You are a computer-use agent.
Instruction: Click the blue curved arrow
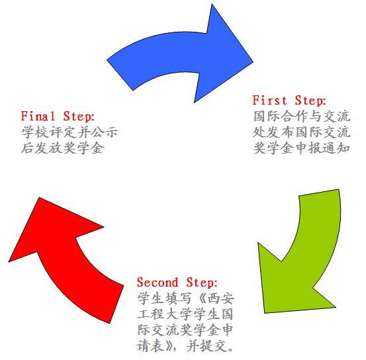pyautogui.click(x=177, y=54)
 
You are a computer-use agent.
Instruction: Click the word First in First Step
pyautogui.click(x=269, y=100)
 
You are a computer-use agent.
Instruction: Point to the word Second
pyautogui.click(x=158, y=283)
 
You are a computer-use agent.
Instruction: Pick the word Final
pyautogui.click(x=38, y=116)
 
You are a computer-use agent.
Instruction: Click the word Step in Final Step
pyautogui.click(x=79, y=116)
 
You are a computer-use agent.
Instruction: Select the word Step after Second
pyautogui.click(x=202, y=283)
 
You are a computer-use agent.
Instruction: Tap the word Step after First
pyautogui.click(x=310, y=101)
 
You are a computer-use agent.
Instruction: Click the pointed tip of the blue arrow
pyautogui.click(x=253, y=62)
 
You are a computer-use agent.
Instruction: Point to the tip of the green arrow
pyautogui.click(x=265, y=313)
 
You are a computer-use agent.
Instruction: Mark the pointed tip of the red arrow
pyautogui.click(x=9, y=261)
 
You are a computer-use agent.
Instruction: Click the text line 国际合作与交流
pyautogui.click(x=302, y=116)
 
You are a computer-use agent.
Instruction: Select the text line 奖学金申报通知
pyautogui.click(x=302, y=148)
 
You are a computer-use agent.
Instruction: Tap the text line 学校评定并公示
pyautogui.click(x=69, y=132)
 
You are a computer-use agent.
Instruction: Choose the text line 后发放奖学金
pyautogui.click(x=63, y=148)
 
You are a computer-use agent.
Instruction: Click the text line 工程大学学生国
pyautogui.click(x=185, y=314)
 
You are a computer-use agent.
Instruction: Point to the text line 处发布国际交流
pyautogui.click(x=302, y=132)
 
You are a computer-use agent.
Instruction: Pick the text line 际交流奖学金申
pyautogui.click(x=185, y=330)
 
